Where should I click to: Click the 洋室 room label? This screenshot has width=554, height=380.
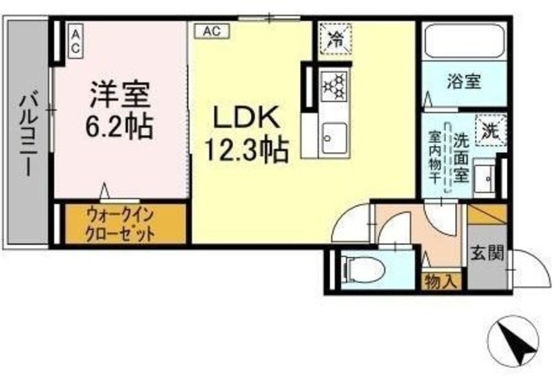click(120, 94)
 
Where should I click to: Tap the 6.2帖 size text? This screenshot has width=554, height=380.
click(119, 126)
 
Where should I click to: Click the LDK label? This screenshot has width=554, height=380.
click(246, 118)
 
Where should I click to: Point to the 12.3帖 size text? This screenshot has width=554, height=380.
click(247, 150)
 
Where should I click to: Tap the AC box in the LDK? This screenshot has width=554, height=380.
click(212, 31)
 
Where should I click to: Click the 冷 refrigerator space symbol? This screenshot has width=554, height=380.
click(335, 39)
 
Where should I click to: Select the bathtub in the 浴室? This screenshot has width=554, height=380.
click(464, 42)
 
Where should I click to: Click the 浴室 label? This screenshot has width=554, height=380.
click(464, 82)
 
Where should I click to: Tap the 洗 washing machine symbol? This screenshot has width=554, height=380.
click(491, 131)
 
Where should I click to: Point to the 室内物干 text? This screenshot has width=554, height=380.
click(435, 158)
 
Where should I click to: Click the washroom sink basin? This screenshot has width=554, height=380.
click(485, 178)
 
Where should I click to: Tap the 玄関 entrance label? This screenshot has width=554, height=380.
click(486, 253)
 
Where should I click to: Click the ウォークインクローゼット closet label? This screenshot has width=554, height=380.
click(120, 224)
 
